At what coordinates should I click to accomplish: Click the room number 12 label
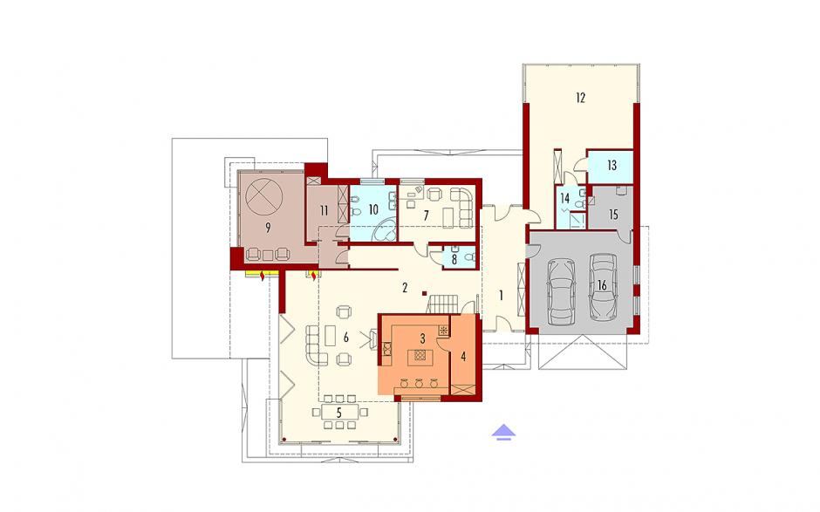[580, 98]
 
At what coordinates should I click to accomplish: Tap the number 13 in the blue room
[612, 165]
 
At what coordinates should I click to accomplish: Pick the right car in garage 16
[603, 287]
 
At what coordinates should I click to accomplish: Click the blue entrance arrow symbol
[503, 432]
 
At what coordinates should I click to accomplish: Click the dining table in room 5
[338, 412]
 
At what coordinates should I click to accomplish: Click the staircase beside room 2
[443, 304]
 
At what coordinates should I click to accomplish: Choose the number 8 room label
[454, 259]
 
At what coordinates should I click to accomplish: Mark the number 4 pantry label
[463, 357]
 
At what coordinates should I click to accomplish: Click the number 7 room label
[426, 215]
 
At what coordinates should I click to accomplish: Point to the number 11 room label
[325, 211]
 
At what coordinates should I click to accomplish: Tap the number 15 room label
[613, 214]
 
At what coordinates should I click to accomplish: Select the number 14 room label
[564, 199]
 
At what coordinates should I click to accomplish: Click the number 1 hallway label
[501, 296]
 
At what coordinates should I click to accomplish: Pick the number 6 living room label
[345, 338]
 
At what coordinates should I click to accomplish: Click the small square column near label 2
[426, 293]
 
